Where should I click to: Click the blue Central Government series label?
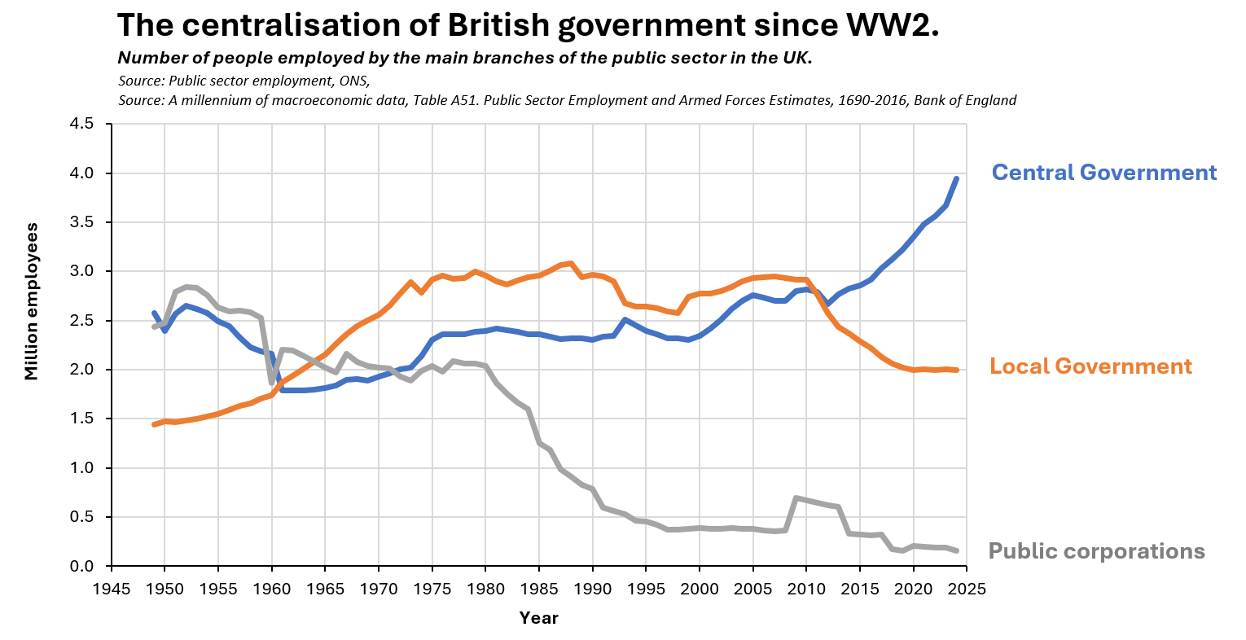[x=1104, y=173]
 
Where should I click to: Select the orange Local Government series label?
[x=1090, y=366]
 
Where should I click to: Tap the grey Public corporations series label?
[x=1096, y=551]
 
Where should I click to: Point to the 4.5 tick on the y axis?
[x=81, y=124]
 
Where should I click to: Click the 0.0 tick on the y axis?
[x=81, y=566]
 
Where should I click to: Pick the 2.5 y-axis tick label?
[x=81, y=321]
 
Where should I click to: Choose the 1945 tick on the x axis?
[x=112, y=589]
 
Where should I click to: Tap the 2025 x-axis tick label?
[x=967, y=589]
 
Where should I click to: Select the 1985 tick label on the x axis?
[x=539, y=589]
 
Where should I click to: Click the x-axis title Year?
[x=538, y=618]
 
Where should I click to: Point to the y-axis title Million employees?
[x=32, y=301]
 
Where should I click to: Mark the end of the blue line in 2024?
[x=956, y=178]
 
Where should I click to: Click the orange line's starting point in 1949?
[x=154, y=425]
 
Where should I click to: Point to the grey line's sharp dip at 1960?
[x=272, y=384]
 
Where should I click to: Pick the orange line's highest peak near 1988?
[x=571, y=263]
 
